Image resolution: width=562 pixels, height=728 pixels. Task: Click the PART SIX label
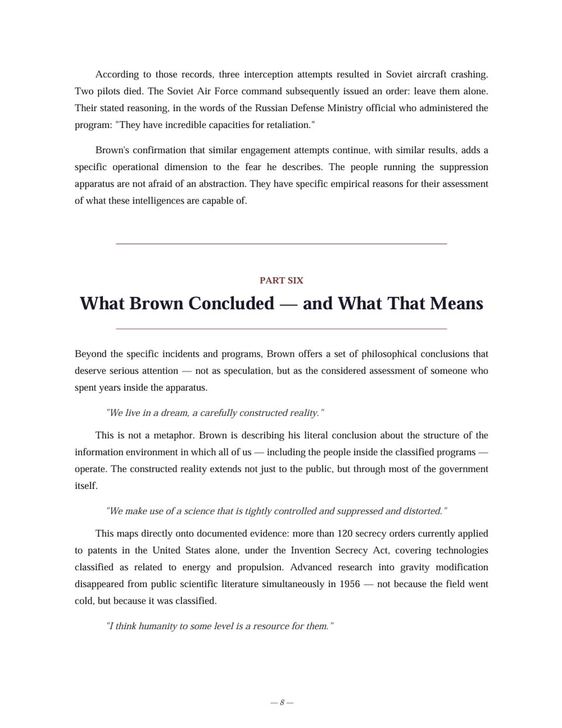coord(281,281)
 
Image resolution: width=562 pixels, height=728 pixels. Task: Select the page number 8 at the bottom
coord(282,702)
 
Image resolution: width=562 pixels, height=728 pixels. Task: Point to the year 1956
coord(349,584)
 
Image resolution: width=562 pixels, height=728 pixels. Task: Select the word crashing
coord(467,75)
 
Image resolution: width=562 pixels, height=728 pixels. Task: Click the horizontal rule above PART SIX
coord(281,243)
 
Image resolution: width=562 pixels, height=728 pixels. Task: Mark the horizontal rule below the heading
coord(281,329)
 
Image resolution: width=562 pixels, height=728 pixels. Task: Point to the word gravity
coord(415,568)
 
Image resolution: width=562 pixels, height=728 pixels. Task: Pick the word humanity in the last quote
coord(157,626)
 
